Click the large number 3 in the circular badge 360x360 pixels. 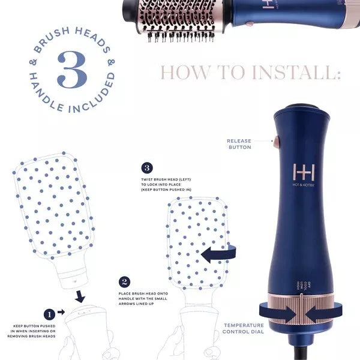click(72, 70)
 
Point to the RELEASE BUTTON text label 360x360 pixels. click(239, 144)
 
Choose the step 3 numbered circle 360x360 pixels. click(147, 168)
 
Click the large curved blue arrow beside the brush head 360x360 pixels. click(218, 254)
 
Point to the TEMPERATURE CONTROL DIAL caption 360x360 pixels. click(244, 327)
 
